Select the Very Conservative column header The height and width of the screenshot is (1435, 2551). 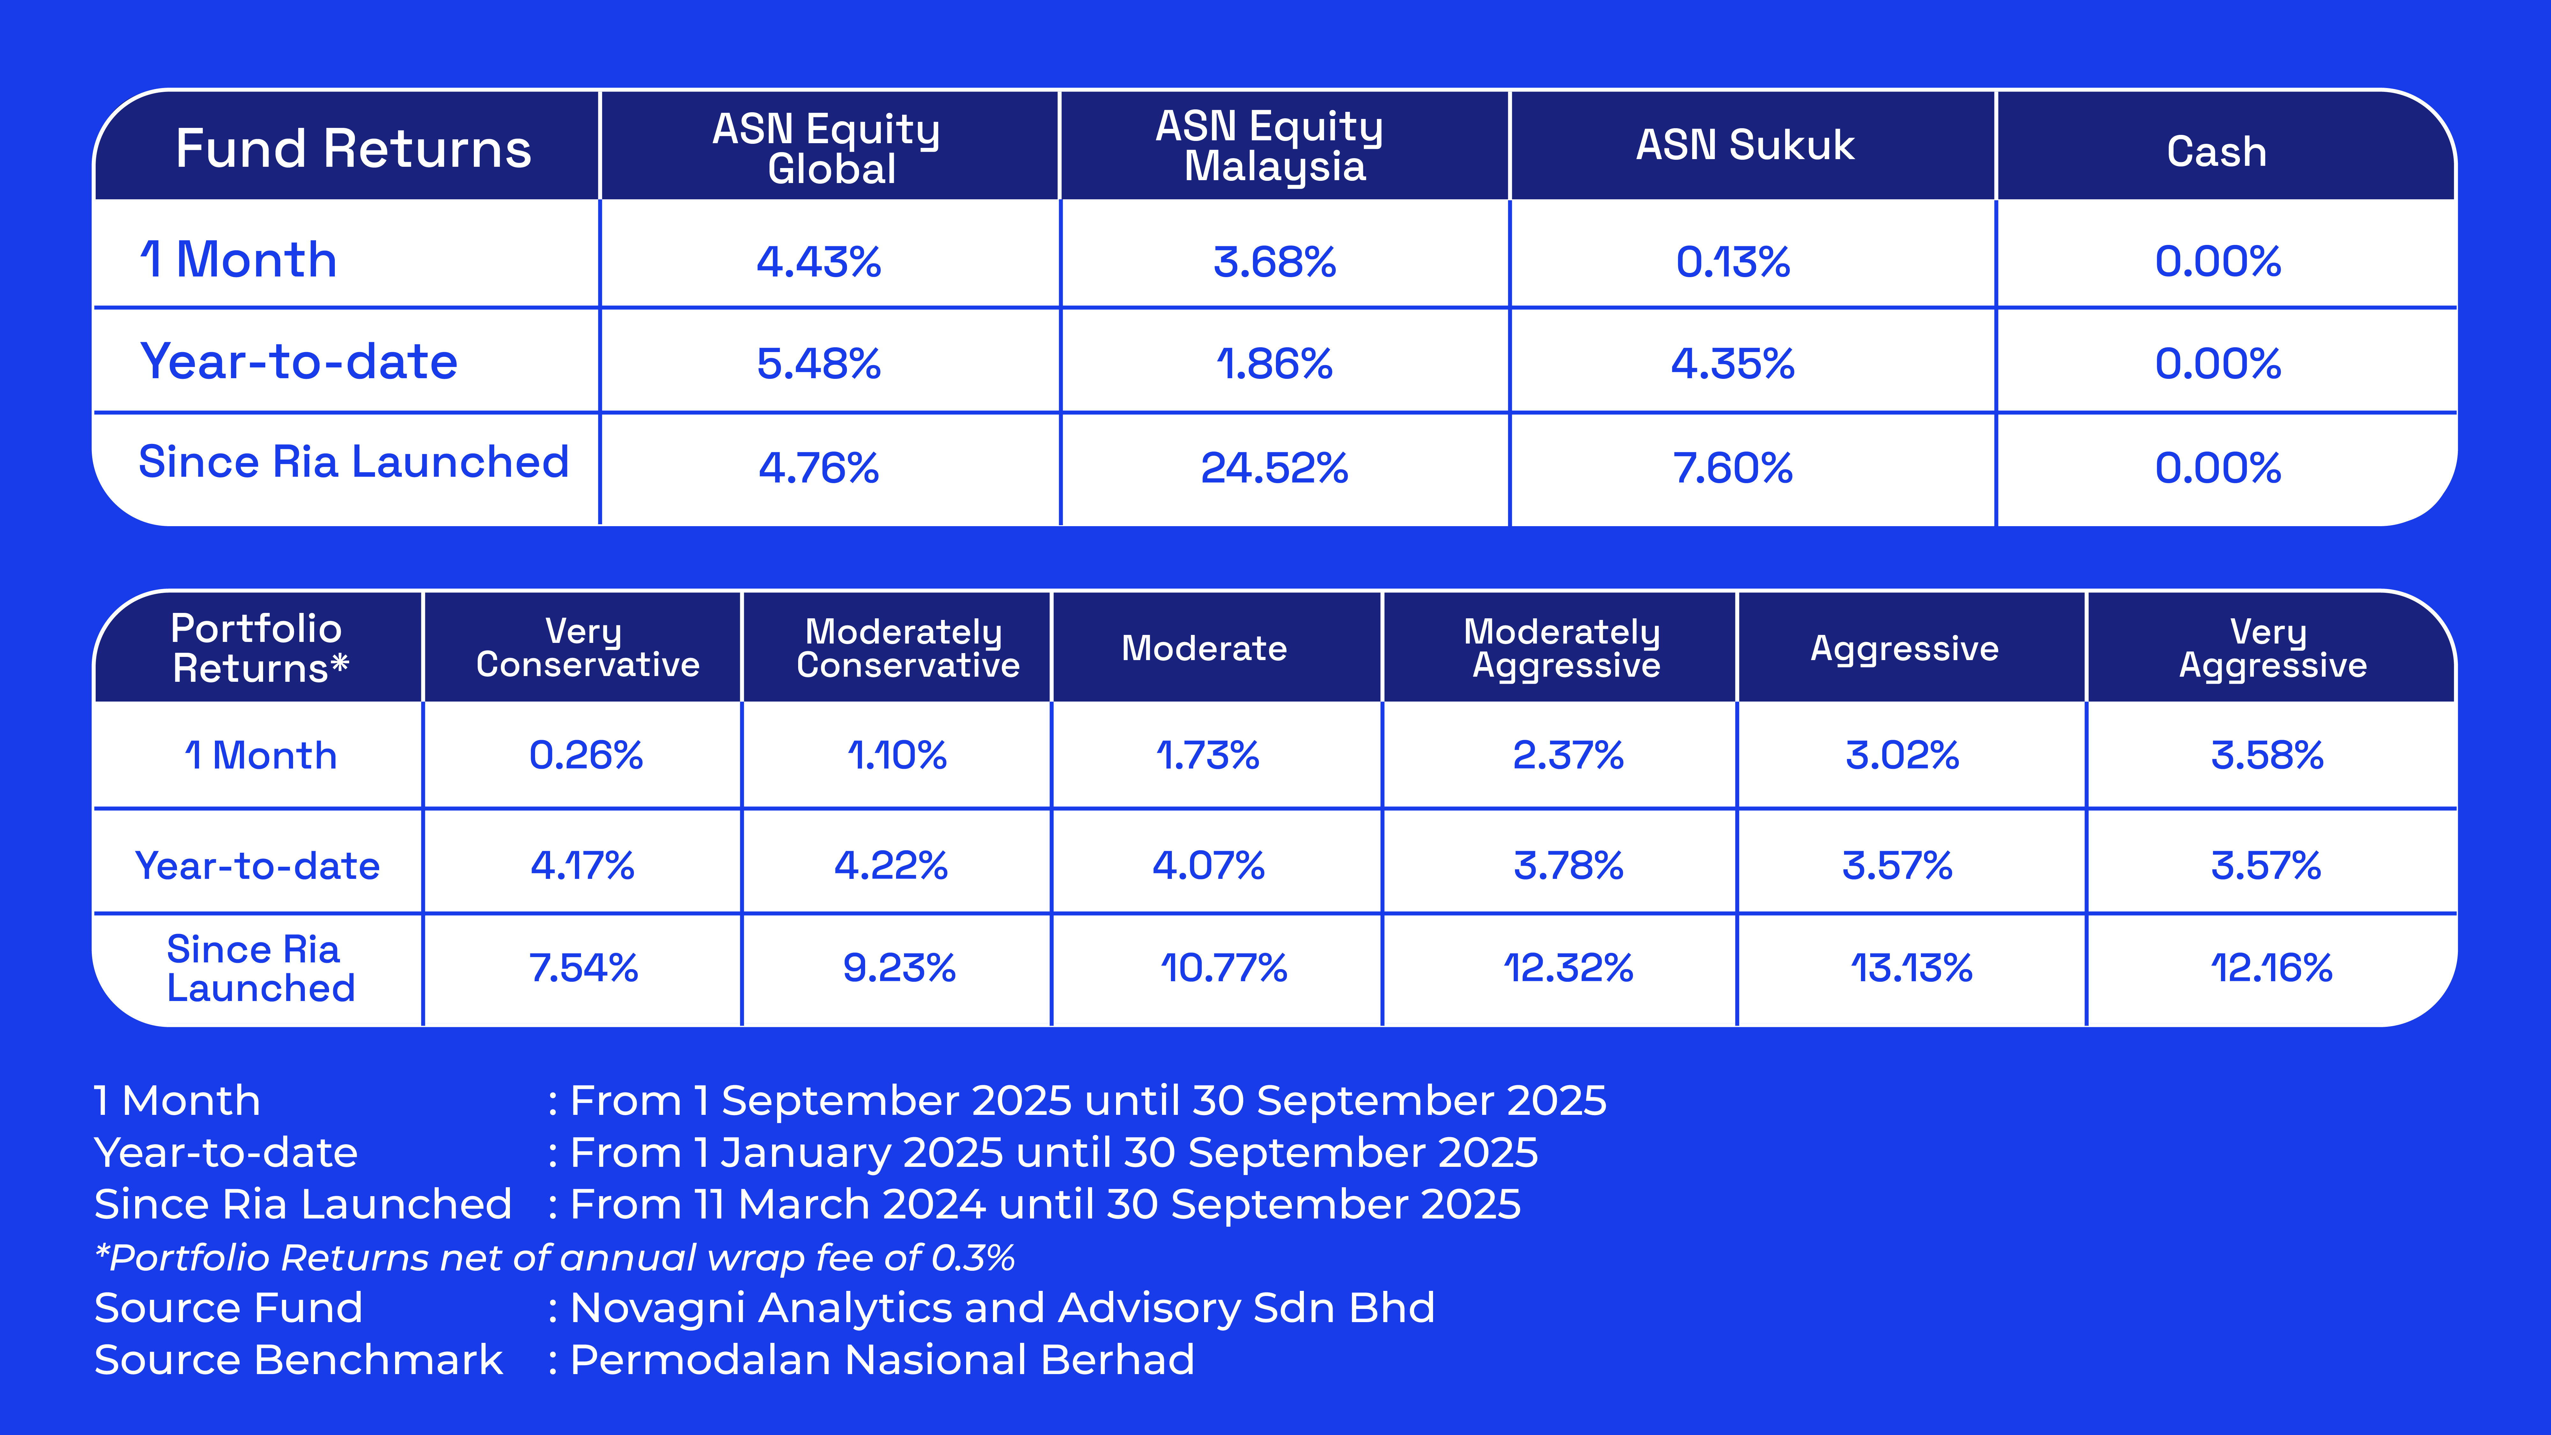coord(587,648)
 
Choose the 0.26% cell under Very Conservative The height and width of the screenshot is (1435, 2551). coord(586,756)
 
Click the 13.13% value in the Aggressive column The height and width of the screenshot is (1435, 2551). coord(1911,968)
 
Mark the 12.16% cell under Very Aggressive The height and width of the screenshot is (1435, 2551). coord(2271,968)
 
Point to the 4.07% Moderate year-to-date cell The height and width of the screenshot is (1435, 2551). coord(1208,865)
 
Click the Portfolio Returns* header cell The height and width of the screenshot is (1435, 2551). coord(260,648)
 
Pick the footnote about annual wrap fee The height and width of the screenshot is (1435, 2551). coord(555,1258)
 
